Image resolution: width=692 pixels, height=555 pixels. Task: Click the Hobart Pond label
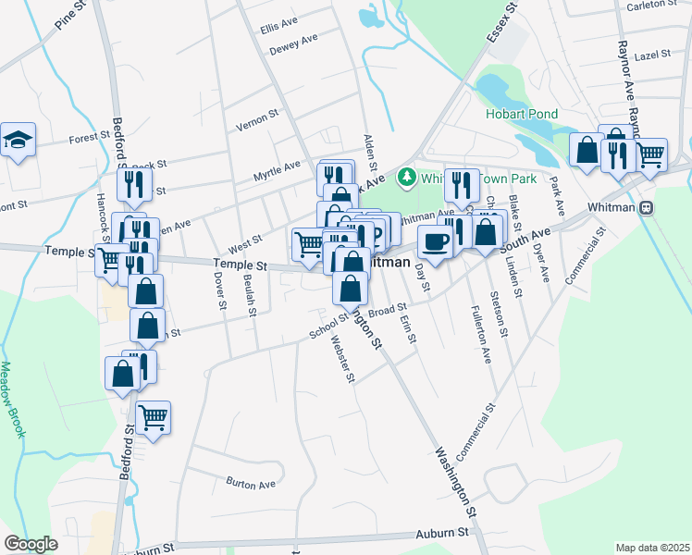coord(522,114)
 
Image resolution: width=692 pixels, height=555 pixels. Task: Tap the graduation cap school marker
coord(18,140)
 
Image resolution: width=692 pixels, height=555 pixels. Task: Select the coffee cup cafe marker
coord(434,240)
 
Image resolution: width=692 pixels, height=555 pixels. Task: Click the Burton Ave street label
coord(251,483)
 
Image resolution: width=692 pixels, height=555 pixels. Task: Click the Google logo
coord(31,544)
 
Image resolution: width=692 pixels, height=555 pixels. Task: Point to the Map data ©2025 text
coord(653,548)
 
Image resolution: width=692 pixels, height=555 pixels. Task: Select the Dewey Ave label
coord(293,43)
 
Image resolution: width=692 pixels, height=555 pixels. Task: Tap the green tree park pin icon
coord(404,176)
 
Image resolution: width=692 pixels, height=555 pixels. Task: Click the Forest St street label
coord(89,140)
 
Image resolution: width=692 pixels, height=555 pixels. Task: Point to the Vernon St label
coord(257,118)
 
